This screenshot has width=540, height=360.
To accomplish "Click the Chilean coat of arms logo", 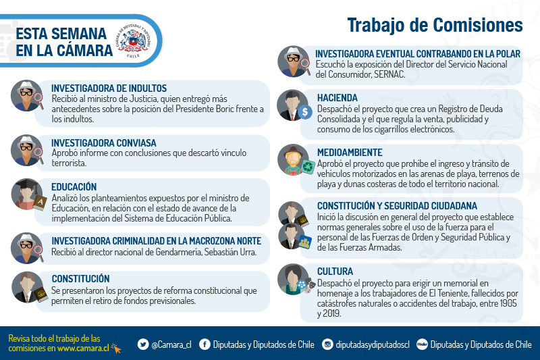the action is [x=133, y=41].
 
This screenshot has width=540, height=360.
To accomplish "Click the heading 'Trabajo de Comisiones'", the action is [x=435, y=25].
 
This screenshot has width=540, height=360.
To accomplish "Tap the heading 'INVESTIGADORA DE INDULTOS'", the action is [x=109, y=88].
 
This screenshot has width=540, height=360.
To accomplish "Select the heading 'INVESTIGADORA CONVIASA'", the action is [x=104, y=143].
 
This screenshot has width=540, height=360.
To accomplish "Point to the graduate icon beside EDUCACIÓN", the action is [x=28, y=195].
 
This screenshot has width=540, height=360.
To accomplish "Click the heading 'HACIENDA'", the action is [x=337, y=98].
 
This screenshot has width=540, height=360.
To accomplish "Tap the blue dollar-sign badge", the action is [x=305, y=112].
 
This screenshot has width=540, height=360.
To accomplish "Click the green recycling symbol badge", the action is [x=308, y=167].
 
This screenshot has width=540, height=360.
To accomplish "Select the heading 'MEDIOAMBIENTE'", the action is [x=350, y=153].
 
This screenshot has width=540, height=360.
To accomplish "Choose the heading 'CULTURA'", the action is [x=335, y=272].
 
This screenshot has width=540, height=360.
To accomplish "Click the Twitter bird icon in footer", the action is [x=143, y=344].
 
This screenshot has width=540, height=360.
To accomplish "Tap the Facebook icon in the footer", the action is [x=205, y=344].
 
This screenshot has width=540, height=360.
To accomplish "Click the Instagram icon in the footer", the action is [x=327, y=344].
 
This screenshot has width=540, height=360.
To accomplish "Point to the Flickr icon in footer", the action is [x=422, y=344].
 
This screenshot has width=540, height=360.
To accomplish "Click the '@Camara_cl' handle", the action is [x=171, y=344].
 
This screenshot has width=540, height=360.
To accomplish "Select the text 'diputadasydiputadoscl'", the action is [x=373, y=344].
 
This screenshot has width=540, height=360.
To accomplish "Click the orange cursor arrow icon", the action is [x=116, y=349].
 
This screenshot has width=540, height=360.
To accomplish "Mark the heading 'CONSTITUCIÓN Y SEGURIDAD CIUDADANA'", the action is [x=397, y=206].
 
